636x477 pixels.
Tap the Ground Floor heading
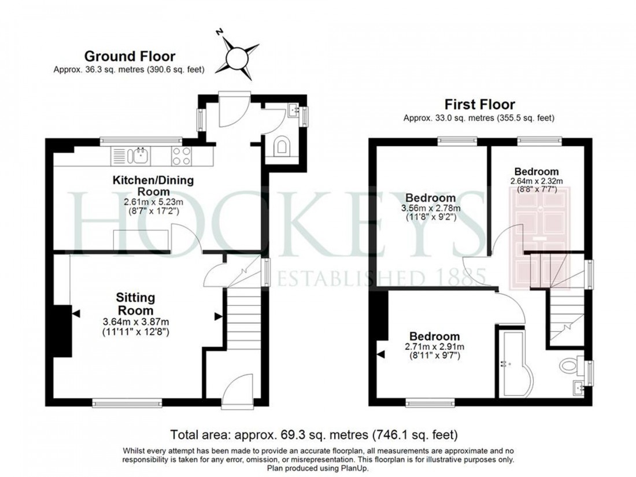pyautogui.click(x=130, y=56)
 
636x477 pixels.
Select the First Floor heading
pyautogui.click(x=479, y=105)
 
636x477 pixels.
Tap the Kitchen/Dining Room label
pyautogui.click(x=153, y=186)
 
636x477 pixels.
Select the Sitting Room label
pyautogui.click(x=136, y=304)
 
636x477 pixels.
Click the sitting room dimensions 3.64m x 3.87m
pyautogui.click(x=136, y=322)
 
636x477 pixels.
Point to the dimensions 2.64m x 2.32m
pyautogui.click(x=537, y=180)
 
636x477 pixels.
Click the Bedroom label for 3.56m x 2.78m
pyautogui.click(x=430, y=198)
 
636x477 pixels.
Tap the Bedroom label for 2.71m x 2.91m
pyautogui.click(x=435, y=337)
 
